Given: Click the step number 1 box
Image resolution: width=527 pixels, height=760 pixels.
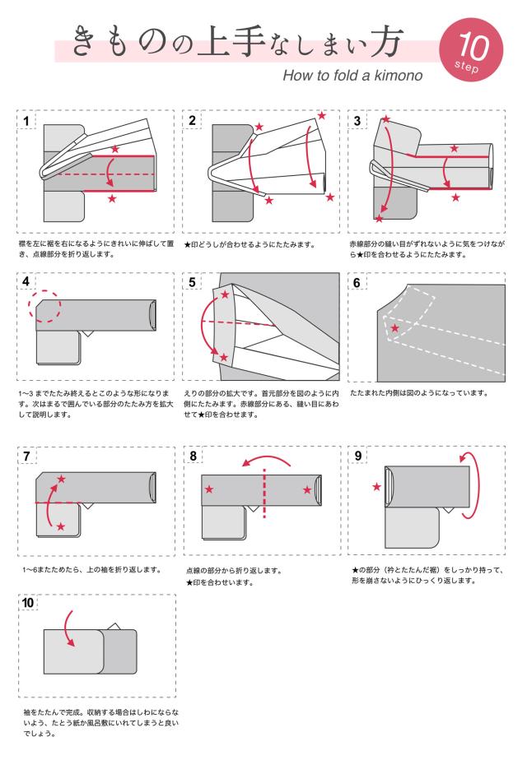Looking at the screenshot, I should tap(28, 121).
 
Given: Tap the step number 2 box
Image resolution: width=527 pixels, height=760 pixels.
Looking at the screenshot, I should tap(193, 121).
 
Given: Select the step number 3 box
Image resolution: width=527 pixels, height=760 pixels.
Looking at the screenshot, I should tap(357, 121).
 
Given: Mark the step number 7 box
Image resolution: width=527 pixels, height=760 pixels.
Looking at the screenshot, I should tap(28, 456).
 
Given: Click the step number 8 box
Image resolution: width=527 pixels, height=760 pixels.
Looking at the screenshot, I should tap(193, 456).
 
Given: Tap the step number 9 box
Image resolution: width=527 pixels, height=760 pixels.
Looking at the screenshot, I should tap(357, 456).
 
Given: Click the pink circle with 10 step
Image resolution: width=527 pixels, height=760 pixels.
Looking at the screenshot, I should tap(475, 49).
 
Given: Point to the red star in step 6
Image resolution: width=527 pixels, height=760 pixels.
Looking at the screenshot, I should tap(396, 328).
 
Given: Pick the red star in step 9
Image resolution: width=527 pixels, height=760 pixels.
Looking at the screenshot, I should tap(376, 487).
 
